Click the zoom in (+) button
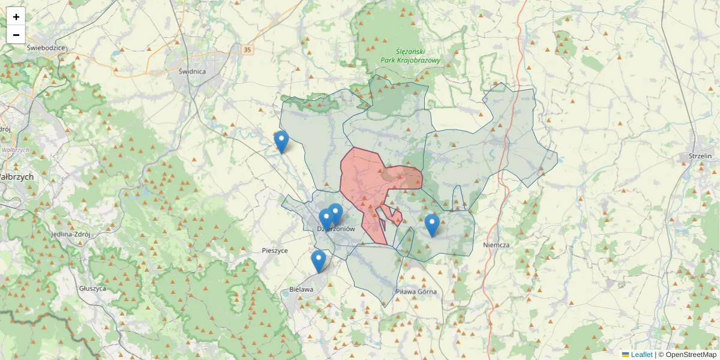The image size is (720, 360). (16, 17)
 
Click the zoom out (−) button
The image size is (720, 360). (16, 35)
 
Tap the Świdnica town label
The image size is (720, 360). (192, 71)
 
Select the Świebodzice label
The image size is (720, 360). (46, 47)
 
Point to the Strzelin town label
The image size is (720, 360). (700, 156)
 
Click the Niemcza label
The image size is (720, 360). (496, 245)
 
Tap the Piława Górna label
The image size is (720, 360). (416, 292)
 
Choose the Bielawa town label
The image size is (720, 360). (301, 289)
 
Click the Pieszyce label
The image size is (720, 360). (275, 250)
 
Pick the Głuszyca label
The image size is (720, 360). (92, 288)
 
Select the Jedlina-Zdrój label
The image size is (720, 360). (70, 235)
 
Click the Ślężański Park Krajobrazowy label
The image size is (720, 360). (411, 56)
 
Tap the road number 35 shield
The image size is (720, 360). (248, 50)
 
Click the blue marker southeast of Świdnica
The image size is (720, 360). (281, 142)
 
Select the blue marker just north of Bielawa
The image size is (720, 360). (319, 262)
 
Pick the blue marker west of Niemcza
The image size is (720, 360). (432, 226)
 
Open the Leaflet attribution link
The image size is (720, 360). (641, 355)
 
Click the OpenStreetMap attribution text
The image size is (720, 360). (687, 355)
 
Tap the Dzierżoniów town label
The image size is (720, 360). (337, 229)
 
